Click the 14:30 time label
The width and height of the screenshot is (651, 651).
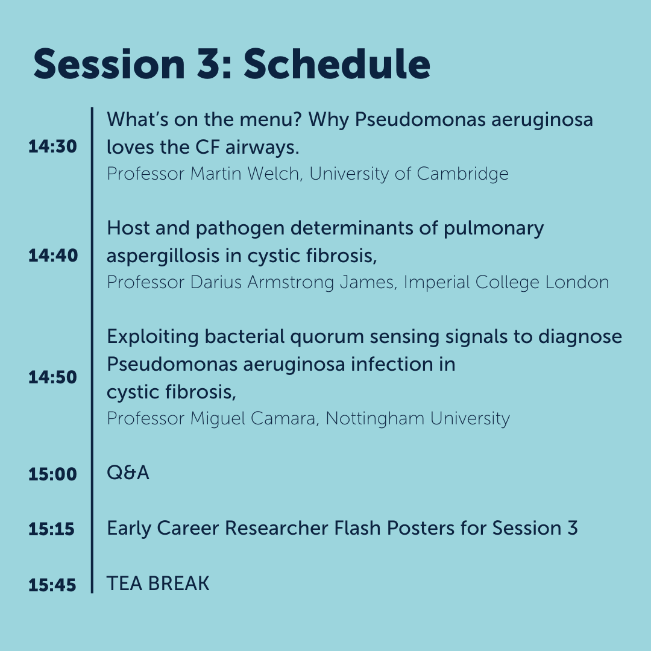[x=52, y=146]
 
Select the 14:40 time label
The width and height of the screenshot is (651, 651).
[x=52, y=256]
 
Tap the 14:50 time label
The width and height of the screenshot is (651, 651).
[x=52, y=377]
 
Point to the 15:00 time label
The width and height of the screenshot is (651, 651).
[x=52, y=474]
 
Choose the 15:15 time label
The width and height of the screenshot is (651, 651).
[x=51, y=529]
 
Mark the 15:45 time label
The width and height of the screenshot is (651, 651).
[x=52, y=585]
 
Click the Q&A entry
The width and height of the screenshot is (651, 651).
[x=128, y=473]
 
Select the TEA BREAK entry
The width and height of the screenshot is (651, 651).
[x=158, y=583]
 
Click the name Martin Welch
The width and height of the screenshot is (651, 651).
[x=246, y=174]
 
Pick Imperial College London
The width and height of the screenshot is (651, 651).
[x=506, y=282]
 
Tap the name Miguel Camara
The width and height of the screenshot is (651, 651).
[x=253, y=418]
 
